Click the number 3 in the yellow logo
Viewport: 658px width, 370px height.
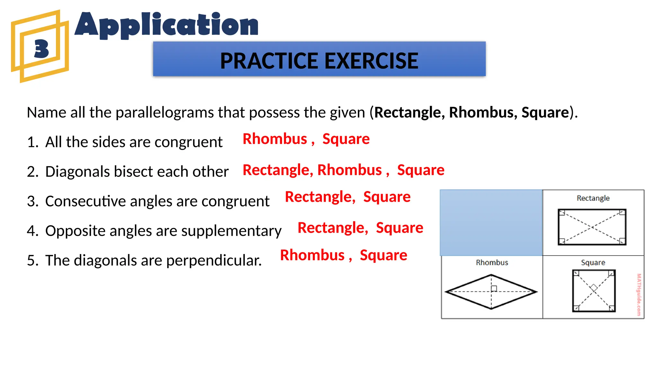(41, 49)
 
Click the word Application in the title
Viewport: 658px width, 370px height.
(166, 25)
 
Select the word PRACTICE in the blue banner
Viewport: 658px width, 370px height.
(269, 61)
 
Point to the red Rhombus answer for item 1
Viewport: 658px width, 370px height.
(275, 139)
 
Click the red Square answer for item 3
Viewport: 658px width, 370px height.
(387, 197)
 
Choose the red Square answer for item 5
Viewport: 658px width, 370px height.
(383, 255)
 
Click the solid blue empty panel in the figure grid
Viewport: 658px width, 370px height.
(491, 223)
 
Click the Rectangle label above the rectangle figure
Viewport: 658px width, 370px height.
(593, 198)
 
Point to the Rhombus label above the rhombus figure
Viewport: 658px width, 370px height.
(492, 263)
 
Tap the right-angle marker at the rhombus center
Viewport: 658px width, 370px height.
(494, 288)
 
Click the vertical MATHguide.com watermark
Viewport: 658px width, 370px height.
(639, 294)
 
